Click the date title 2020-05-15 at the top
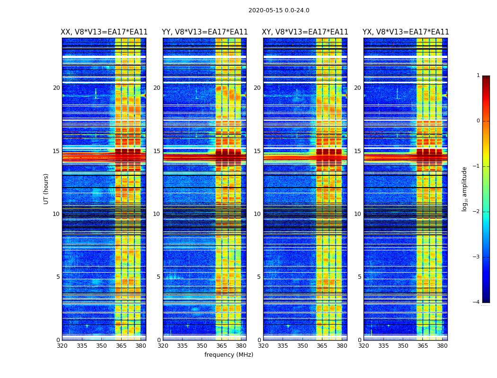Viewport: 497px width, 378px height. (279, 10)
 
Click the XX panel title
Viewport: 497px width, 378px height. (104, 32)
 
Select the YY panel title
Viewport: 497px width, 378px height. (204, 32)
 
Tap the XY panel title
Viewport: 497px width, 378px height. (305, 32)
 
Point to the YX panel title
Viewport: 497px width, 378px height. (406, 32)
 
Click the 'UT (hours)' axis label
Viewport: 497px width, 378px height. (46, 189)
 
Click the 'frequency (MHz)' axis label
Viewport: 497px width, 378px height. (229, 355)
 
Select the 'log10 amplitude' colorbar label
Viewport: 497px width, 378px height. (465, 189)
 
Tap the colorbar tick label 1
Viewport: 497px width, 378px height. (478, 76)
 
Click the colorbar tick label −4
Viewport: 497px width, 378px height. (477, 302)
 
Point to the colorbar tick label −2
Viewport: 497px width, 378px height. (477, 212)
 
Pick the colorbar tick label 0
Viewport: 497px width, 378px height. (478, 121)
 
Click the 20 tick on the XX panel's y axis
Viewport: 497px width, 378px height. (56, 88)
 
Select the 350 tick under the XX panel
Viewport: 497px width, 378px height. (101, 345)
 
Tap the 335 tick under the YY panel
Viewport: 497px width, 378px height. (183, 345)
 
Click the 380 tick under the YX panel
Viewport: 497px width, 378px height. (442, 345)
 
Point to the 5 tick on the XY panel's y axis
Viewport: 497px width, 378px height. (259, 277)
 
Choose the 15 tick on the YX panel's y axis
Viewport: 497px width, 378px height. (357, 151)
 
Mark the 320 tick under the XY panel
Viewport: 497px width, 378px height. (264, 345)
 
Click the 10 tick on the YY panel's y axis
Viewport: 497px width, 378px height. (157, 214)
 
